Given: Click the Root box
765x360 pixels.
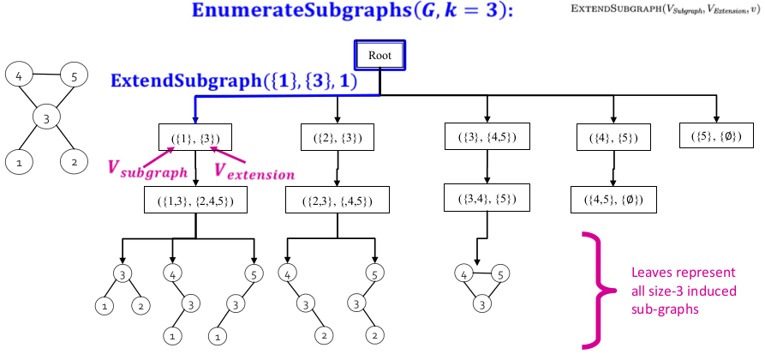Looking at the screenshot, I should click(380, 56).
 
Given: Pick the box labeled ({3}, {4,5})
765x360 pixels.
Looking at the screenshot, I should click(484, 137).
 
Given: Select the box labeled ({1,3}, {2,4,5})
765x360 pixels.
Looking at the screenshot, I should click(196, 201).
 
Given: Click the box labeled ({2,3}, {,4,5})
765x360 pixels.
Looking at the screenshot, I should click(338, 201).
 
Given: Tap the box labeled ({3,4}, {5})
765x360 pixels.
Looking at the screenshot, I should click(484, 200).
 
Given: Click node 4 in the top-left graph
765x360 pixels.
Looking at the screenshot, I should click(20, 76).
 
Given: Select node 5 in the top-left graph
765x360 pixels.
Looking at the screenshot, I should click(75, 77).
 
